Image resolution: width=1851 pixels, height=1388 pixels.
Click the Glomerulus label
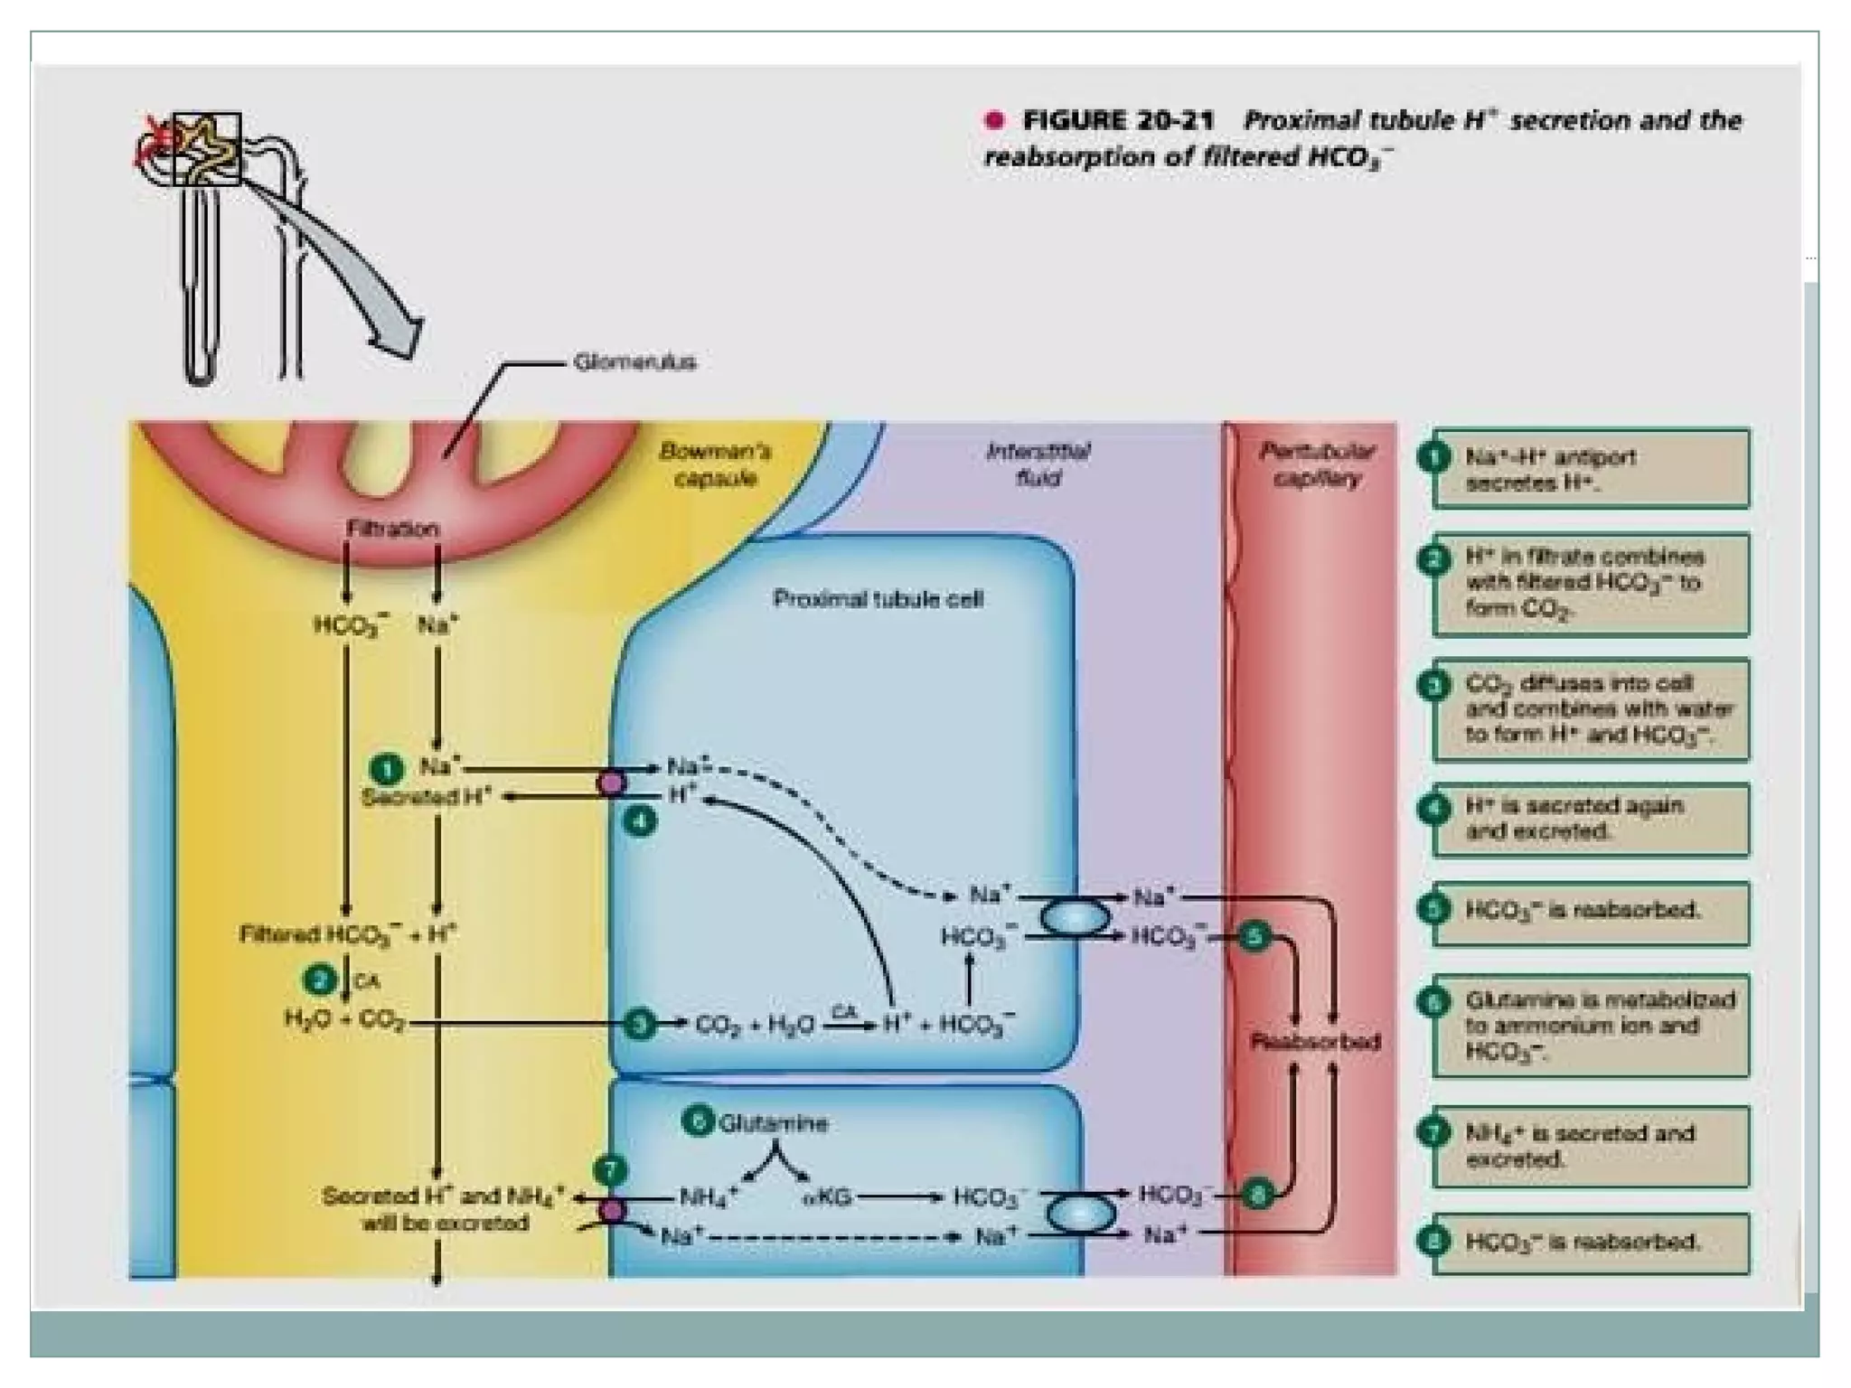coord(634,362)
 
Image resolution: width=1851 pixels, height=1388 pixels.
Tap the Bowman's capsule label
coord(714,464)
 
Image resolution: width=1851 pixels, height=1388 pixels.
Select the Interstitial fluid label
coord(1038,464)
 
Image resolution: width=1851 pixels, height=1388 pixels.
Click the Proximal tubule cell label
coord(877,599)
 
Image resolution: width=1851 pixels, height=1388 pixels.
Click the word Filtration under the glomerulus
coord(392,529)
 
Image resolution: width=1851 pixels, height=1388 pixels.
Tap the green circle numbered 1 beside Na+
coord(387,769)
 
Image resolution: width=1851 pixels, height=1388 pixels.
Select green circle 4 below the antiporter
coord(640,821)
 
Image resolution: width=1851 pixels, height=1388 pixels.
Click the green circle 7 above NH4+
coord(610,1171)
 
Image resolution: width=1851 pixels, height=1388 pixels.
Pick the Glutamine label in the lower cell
coord(773,1123)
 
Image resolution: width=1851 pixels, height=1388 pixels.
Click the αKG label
coord(827,1198)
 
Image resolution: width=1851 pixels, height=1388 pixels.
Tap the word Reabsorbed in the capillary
coord(1315,1042)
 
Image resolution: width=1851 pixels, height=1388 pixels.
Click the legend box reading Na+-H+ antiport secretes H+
coord(1591,469)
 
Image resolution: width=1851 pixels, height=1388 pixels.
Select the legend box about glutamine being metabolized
coord(1591,1026)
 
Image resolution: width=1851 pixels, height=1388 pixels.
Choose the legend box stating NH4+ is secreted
coord(1591,1146)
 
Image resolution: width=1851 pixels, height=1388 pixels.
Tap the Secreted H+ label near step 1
coord(427,797)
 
